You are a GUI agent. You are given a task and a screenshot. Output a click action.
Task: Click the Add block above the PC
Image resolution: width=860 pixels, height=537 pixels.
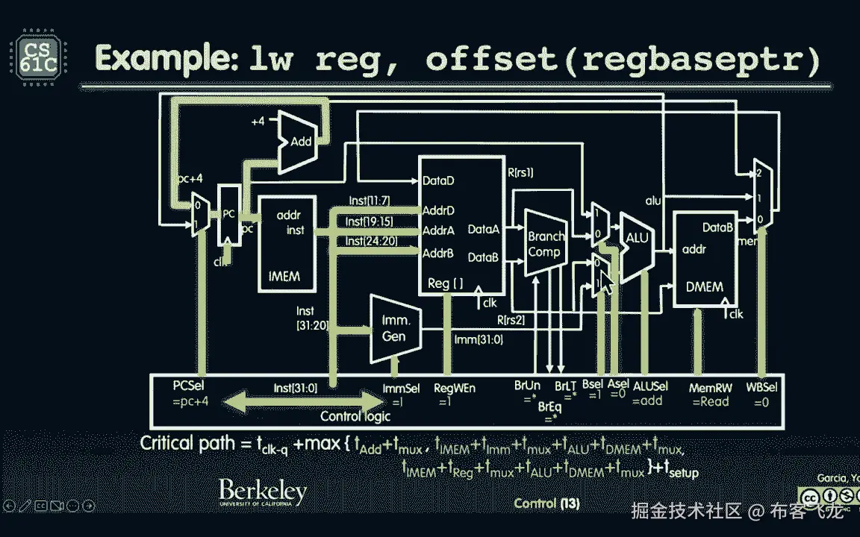click(299, 141)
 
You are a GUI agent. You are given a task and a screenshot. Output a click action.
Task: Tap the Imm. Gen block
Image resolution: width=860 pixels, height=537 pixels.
click(393, 328)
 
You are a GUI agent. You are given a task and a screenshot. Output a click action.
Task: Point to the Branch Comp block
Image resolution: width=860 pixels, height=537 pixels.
click(545, 244)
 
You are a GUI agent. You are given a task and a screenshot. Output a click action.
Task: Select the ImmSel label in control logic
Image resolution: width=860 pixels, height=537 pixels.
click(401, 388)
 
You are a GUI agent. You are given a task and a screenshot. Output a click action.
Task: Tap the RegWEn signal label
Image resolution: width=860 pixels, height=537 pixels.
click(454, 388)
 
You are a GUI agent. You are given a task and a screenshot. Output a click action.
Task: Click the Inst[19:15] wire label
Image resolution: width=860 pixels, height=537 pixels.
click(370, 222)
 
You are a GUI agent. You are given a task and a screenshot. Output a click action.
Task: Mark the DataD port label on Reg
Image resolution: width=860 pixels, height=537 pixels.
click(439, 180)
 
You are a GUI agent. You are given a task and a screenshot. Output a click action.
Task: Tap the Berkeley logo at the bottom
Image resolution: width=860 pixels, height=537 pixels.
click(262, 493)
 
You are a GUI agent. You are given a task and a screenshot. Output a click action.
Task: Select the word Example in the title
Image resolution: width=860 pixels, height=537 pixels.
click(166, 58)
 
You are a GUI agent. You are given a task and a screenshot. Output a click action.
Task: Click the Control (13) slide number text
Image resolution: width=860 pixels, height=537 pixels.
click(546, 503)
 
